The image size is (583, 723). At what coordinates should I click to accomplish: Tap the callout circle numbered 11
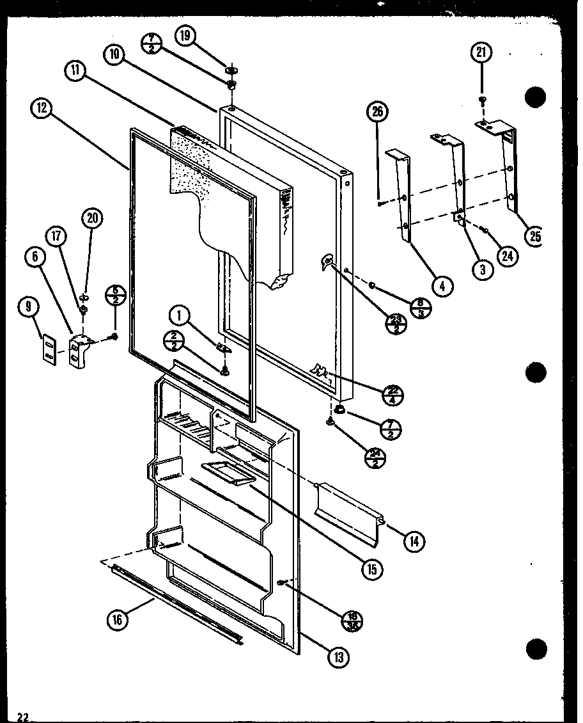click(x=76, y=71)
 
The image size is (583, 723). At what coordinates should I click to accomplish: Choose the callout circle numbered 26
click(x=377, y=113)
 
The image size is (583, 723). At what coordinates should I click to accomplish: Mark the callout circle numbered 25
click(x=532, y=236)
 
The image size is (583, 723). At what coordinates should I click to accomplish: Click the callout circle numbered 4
click(x=441, y=285)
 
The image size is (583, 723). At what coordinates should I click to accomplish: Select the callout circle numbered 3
click(x=483, y=269)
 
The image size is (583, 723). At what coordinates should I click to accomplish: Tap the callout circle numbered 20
click(x=91, y=218)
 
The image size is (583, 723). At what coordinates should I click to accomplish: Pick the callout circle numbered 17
click(x=57, y=236)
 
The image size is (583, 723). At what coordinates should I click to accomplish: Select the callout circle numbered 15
click(x=369, y=569)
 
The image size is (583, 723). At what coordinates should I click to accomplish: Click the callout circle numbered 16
click(x=118, y=619)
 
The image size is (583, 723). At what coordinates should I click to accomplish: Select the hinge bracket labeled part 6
click(x=77, y=349)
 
